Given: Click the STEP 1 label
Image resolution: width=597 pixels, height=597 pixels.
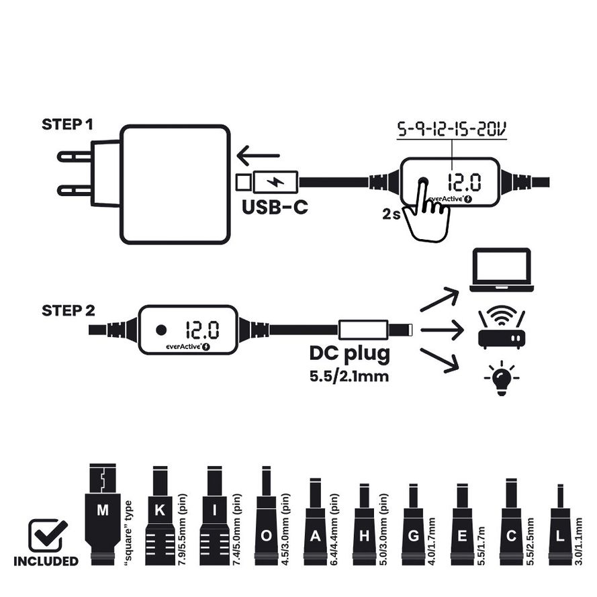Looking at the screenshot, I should [x=68, y=124].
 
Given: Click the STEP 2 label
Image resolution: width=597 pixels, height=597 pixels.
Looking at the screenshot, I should [x=68, y=310].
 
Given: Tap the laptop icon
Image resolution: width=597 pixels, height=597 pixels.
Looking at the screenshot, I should [x=500, y=271].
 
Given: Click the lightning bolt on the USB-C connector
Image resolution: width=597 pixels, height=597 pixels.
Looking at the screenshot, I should [x=275, y=181].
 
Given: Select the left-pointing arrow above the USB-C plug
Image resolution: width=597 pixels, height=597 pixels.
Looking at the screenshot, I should [x=258, y=156].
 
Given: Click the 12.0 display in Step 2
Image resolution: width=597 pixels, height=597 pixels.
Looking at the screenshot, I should [x=201, y=329].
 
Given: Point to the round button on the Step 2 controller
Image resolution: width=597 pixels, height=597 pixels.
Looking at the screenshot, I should [x=161, y=330].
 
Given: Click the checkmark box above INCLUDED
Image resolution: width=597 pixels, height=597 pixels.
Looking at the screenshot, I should [x=47, y=536].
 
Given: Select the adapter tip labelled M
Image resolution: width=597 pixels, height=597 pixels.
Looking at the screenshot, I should [x=102, y=514].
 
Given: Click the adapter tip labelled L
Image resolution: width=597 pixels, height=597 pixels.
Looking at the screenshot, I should [x=560, y=527].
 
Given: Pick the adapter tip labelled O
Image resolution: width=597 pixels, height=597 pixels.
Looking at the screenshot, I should [x=267, y=520].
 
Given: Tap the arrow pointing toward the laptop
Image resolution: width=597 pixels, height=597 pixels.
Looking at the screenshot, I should [x=440, y=300].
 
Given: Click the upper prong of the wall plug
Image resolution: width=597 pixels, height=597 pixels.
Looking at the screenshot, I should [x=75, y=156].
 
